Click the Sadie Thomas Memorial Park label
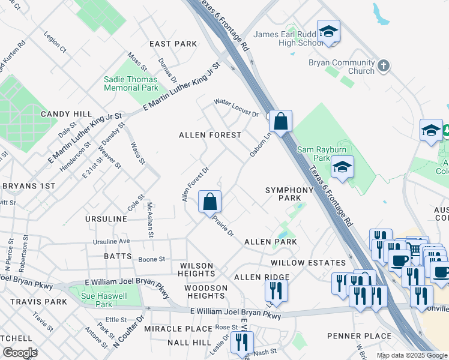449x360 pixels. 131,83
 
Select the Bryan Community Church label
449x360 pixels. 341,67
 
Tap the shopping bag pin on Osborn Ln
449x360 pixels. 280,122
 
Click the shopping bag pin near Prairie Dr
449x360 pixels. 209,202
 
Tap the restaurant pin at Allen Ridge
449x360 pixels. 276,292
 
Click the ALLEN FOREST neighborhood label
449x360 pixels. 210,136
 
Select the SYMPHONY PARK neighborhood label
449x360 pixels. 290,194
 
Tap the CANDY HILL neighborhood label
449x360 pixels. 66,114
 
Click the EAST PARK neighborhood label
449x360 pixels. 173,44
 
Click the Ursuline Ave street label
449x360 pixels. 111,241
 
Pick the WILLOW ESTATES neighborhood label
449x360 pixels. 308,263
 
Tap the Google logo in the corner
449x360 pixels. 20,353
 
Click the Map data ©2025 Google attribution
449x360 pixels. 411,355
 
